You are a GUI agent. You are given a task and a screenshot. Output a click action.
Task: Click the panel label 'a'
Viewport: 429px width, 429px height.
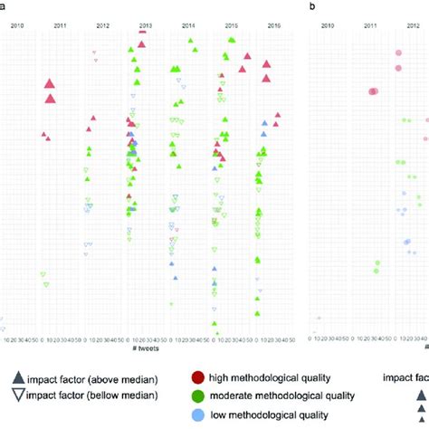5,7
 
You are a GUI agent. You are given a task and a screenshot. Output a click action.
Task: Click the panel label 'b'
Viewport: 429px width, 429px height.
312,7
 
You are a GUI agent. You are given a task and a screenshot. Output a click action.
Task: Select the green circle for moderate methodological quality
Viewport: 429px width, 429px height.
198,395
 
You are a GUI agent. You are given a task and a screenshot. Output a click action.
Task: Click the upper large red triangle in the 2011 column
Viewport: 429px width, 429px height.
51,84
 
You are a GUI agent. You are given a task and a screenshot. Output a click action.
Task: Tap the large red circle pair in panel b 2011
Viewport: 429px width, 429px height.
374,91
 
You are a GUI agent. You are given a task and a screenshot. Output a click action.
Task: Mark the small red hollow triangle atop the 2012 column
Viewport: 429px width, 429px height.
95,52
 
